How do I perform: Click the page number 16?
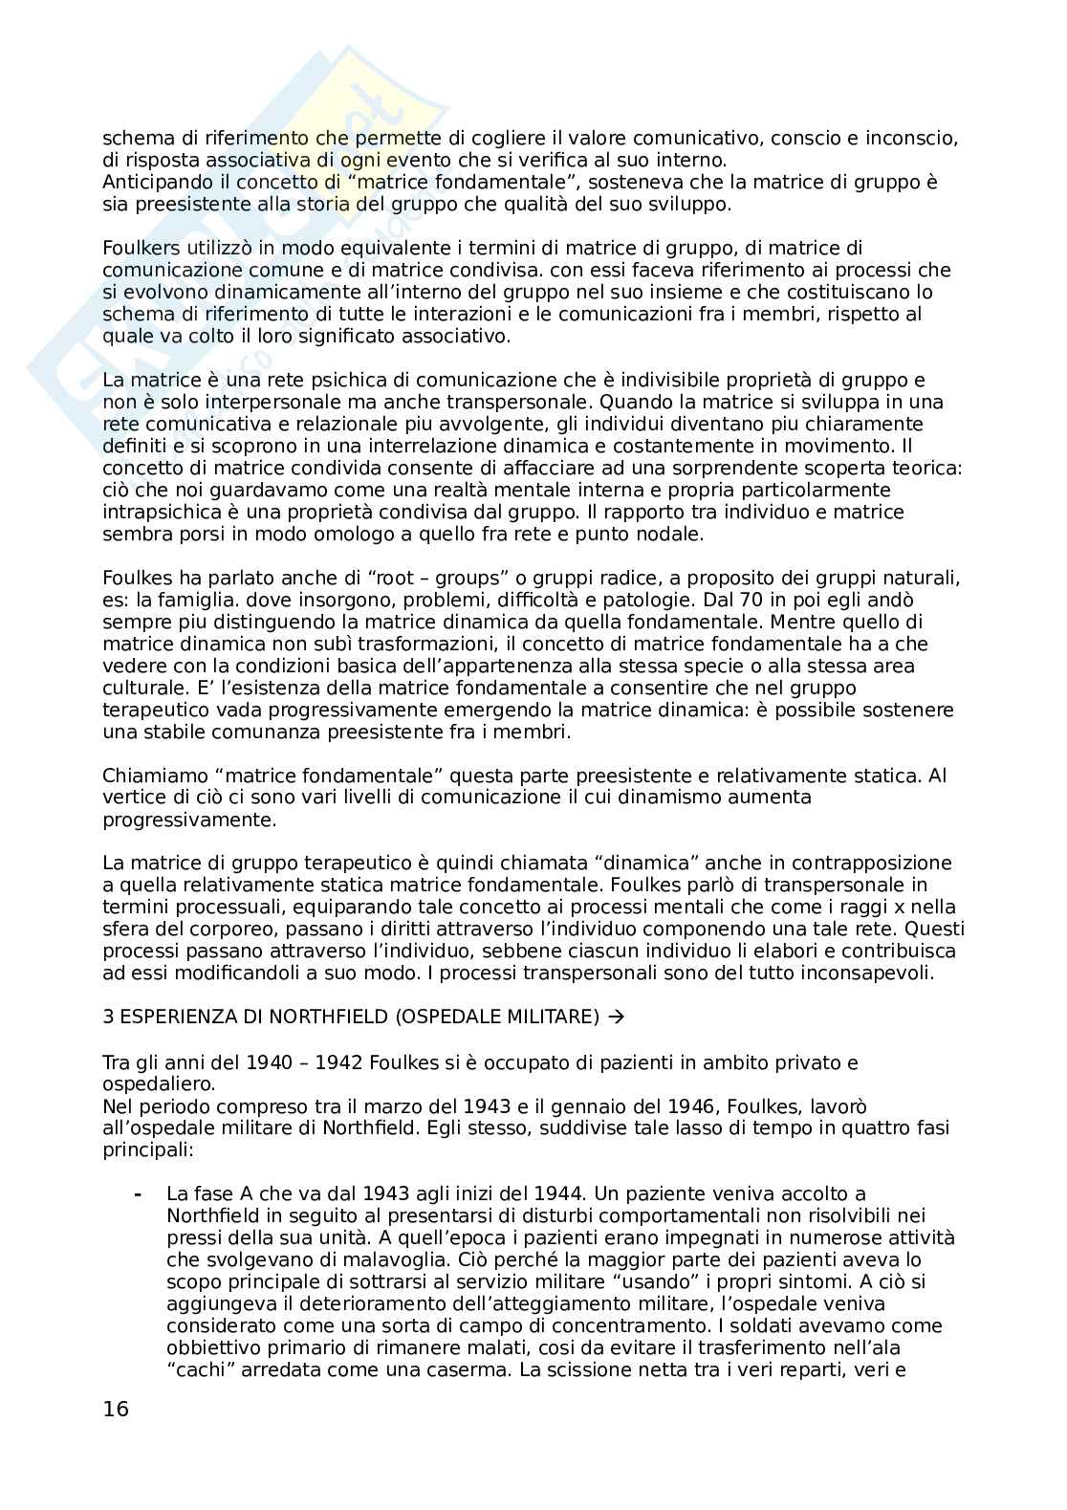[116, 1410]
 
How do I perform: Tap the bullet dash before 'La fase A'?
[140, 1194]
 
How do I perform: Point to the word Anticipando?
[152, 183]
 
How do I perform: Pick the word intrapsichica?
[155, 513]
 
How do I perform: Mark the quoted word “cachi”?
[197, 1370]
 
